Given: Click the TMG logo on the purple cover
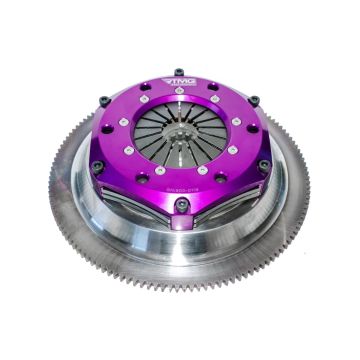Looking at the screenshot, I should [x=181, y=83].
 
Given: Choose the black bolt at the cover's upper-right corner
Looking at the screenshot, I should [x=254, y=99].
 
